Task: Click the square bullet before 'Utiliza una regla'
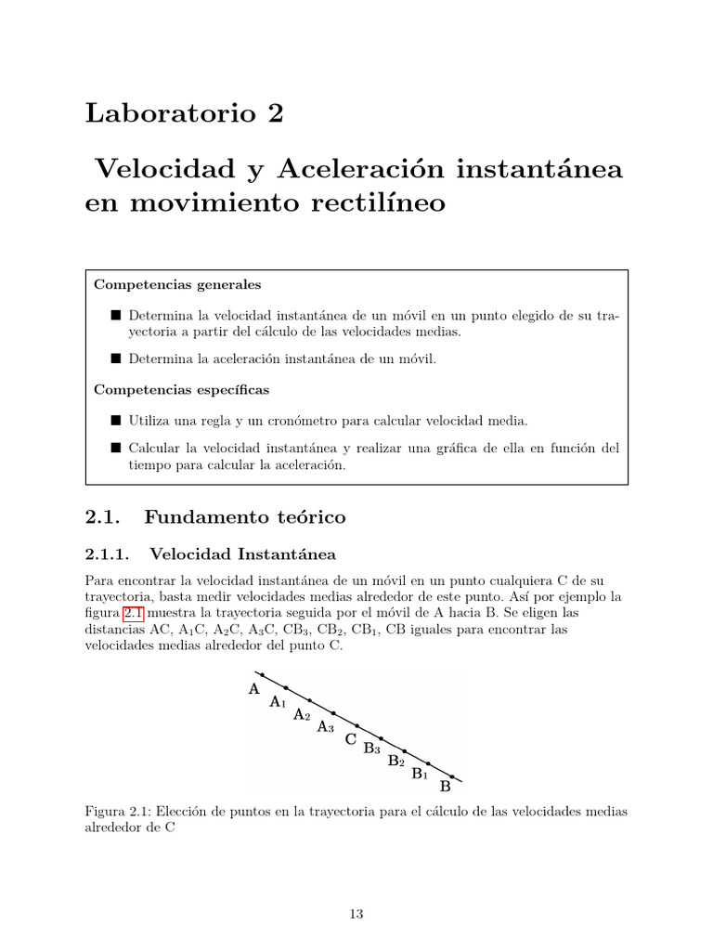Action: click(116, 421)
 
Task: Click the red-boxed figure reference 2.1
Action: click(134, 614)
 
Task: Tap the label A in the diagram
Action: click(253, 689)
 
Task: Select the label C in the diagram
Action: click(350, 739)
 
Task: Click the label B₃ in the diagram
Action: click(372, 749)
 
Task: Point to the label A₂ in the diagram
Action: click(302, 714)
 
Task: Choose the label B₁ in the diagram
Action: click(420, 773)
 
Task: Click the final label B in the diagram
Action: click(445, 786)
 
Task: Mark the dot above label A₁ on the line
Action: click(286, 688)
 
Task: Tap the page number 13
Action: click(356, 914)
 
